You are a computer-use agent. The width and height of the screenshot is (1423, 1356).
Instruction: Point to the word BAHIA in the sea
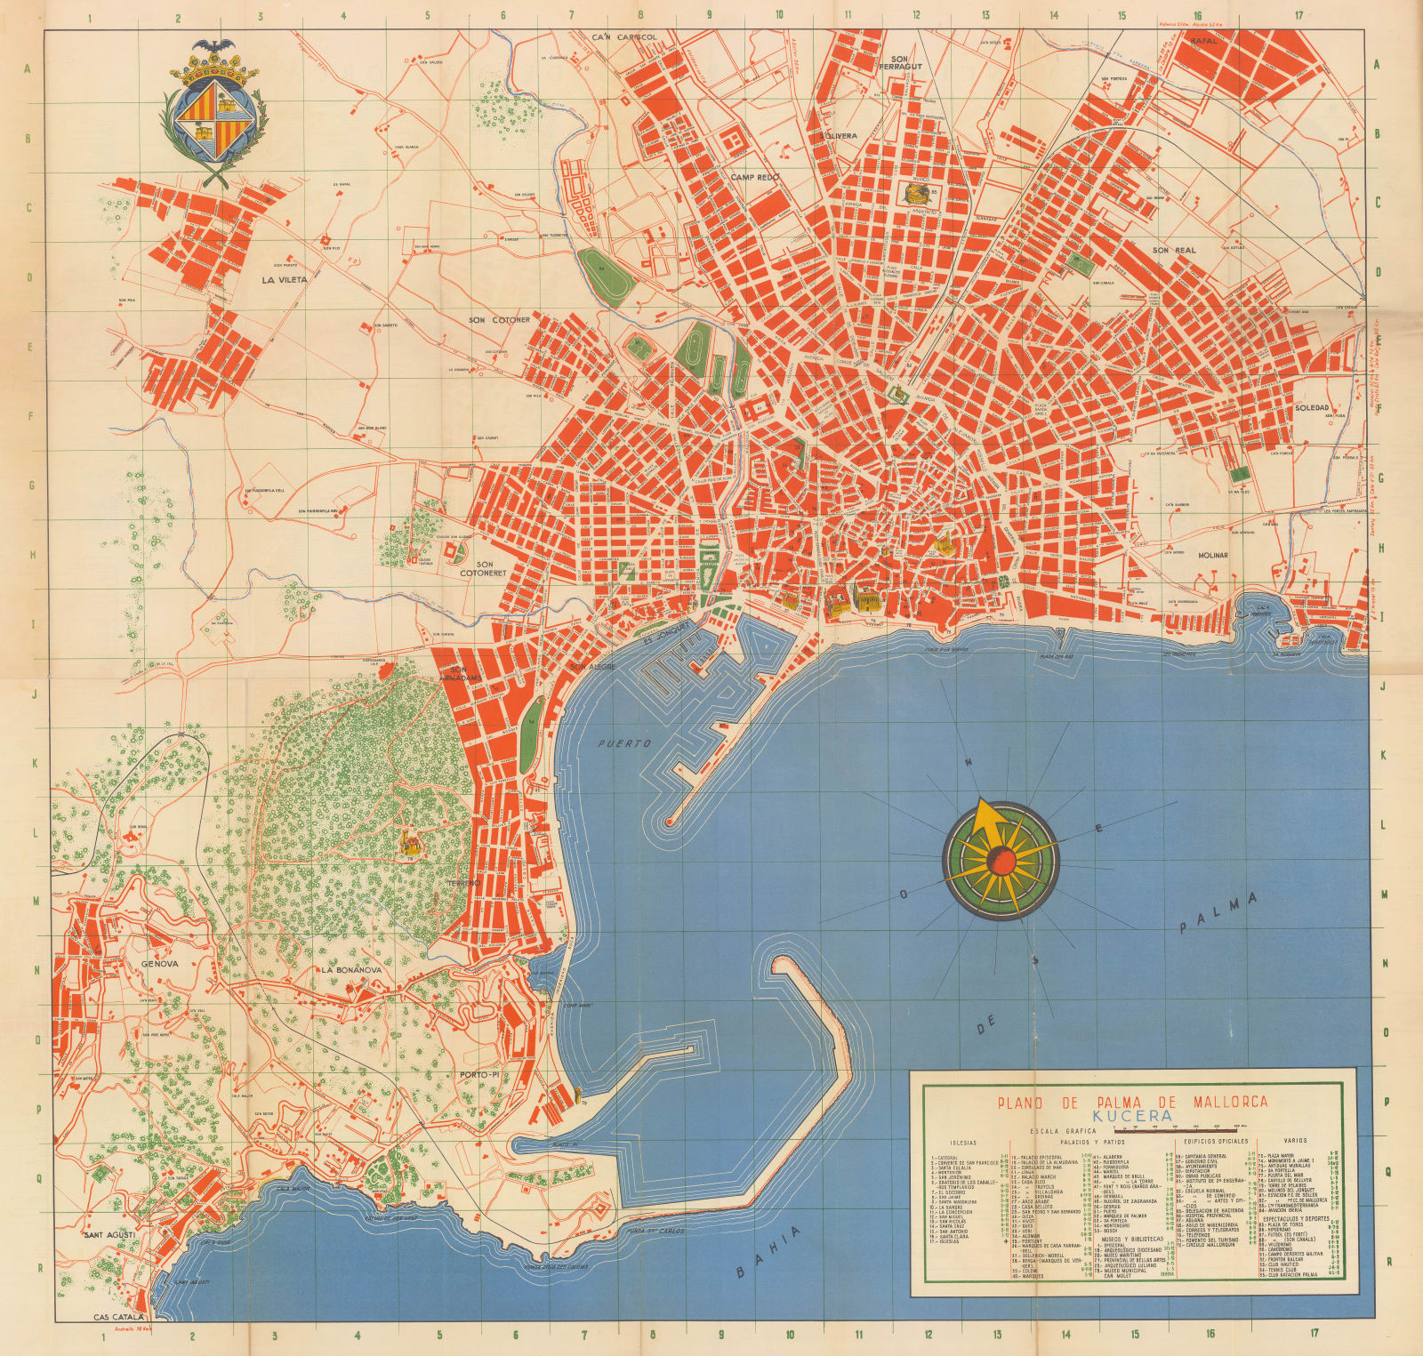(x=768, y=1256)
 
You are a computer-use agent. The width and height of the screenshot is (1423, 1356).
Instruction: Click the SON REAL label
(x=1175, y=251)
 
